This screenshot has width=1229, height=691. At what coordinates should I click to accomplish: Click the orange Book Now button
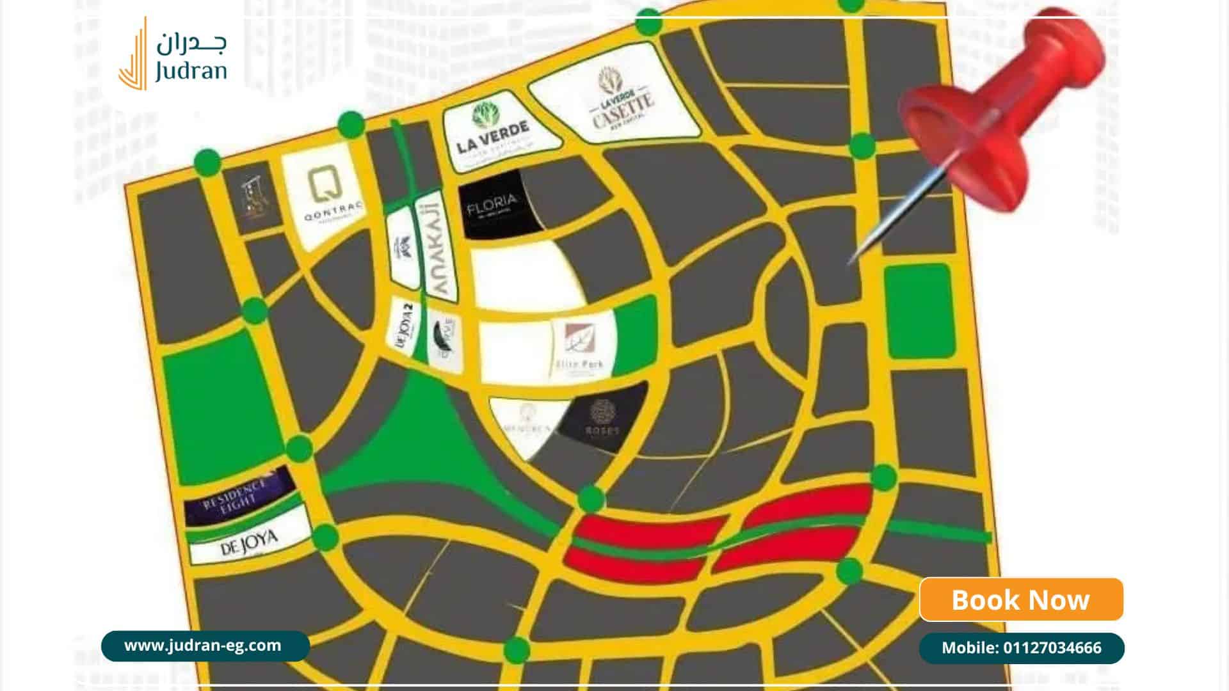point(1021,600)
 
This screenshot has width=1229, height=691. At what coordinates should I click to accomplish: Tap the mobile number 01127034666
point(1021,647)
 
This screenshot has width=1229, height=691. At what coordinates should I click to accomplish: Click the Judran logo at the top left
point(173,54)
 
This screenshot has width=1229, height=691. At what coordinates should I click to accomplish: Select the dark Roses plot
point(602,419)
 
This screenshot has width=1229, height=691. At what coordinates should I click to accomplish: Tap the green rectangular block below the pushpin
point(919,310)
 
